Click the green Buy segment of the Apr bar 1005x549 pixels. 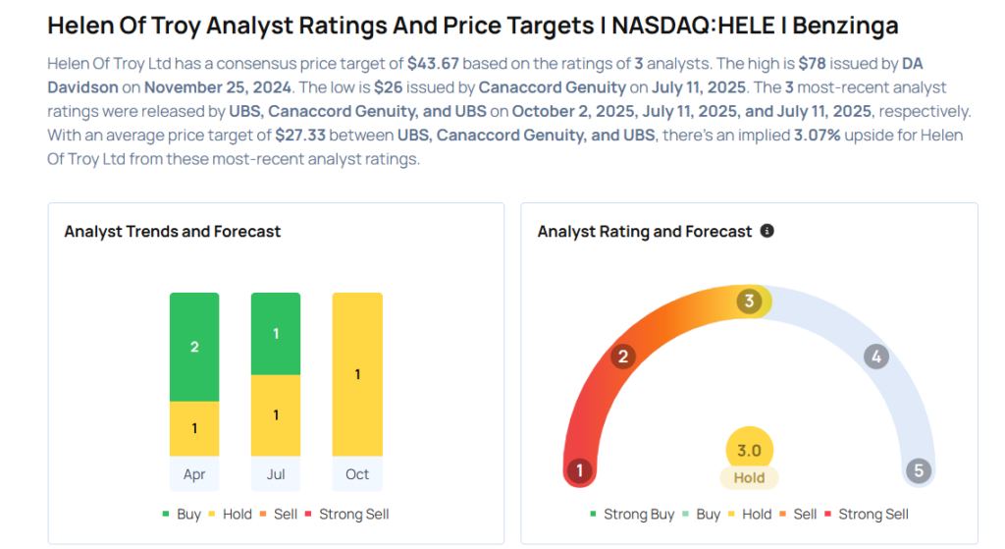[194, 347]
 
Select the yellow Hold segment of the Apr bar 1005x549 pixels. [194, 428]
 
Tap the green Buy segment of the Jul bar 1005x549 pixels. [276, 334]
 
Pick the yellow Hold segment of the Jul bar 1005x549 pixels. [276, 415]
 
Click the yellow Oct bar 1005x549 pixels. [357, 374]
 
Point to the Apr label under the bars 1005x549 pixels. [194, 474]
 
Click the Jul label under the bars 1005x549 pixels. [276, 474]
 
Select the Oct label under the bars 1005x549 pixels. [357, 474]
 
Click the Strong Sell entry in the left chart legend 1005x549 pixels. [349, 514]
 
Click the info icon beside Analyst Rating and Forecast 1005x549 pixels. [767, 231]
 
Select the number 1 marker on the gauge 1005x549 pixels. [580, 470]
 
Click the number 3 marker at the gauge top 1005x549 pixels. [749, 301]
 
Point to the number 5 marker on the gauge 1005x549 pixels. [919, 470]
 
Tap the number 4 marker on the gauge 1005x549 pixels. [876, 357]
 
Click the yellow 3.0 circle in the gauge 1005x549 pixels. [749, 451]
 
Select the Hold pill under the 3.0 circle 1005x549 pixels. [749, 478]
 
